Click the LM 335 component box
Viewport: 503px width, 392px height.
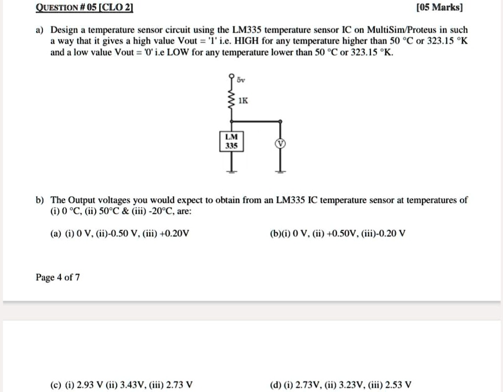[231, 141]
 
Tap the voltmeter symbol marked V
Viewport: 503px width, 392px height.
[280, 143]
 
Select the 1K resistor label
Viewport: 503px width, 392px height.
[243, 101]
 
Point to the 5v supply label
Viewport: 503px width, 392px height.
[241, 80]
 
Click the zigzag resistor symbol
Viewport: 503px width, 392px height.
[231, 99]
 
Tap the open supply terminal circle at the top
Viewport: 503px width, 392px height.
[231, 76]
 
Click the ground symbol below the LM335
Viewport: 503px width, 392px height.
[231, 171]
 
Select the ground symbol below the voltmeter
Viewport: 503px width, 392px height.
[280, 171]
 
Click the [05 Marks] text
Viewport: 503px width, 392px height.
[439, 7]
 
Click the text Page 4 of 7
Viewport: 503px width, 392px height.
[58, 277]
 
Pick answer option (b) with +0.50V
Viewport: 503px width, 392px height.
[338, 233]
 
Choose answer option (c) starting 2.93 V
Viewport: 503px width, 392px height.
[121, 384]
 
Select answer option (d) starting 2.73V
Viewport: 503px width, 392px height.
[341, 384]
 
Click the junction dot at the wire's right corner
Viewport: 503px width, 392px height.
[280, 121]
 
